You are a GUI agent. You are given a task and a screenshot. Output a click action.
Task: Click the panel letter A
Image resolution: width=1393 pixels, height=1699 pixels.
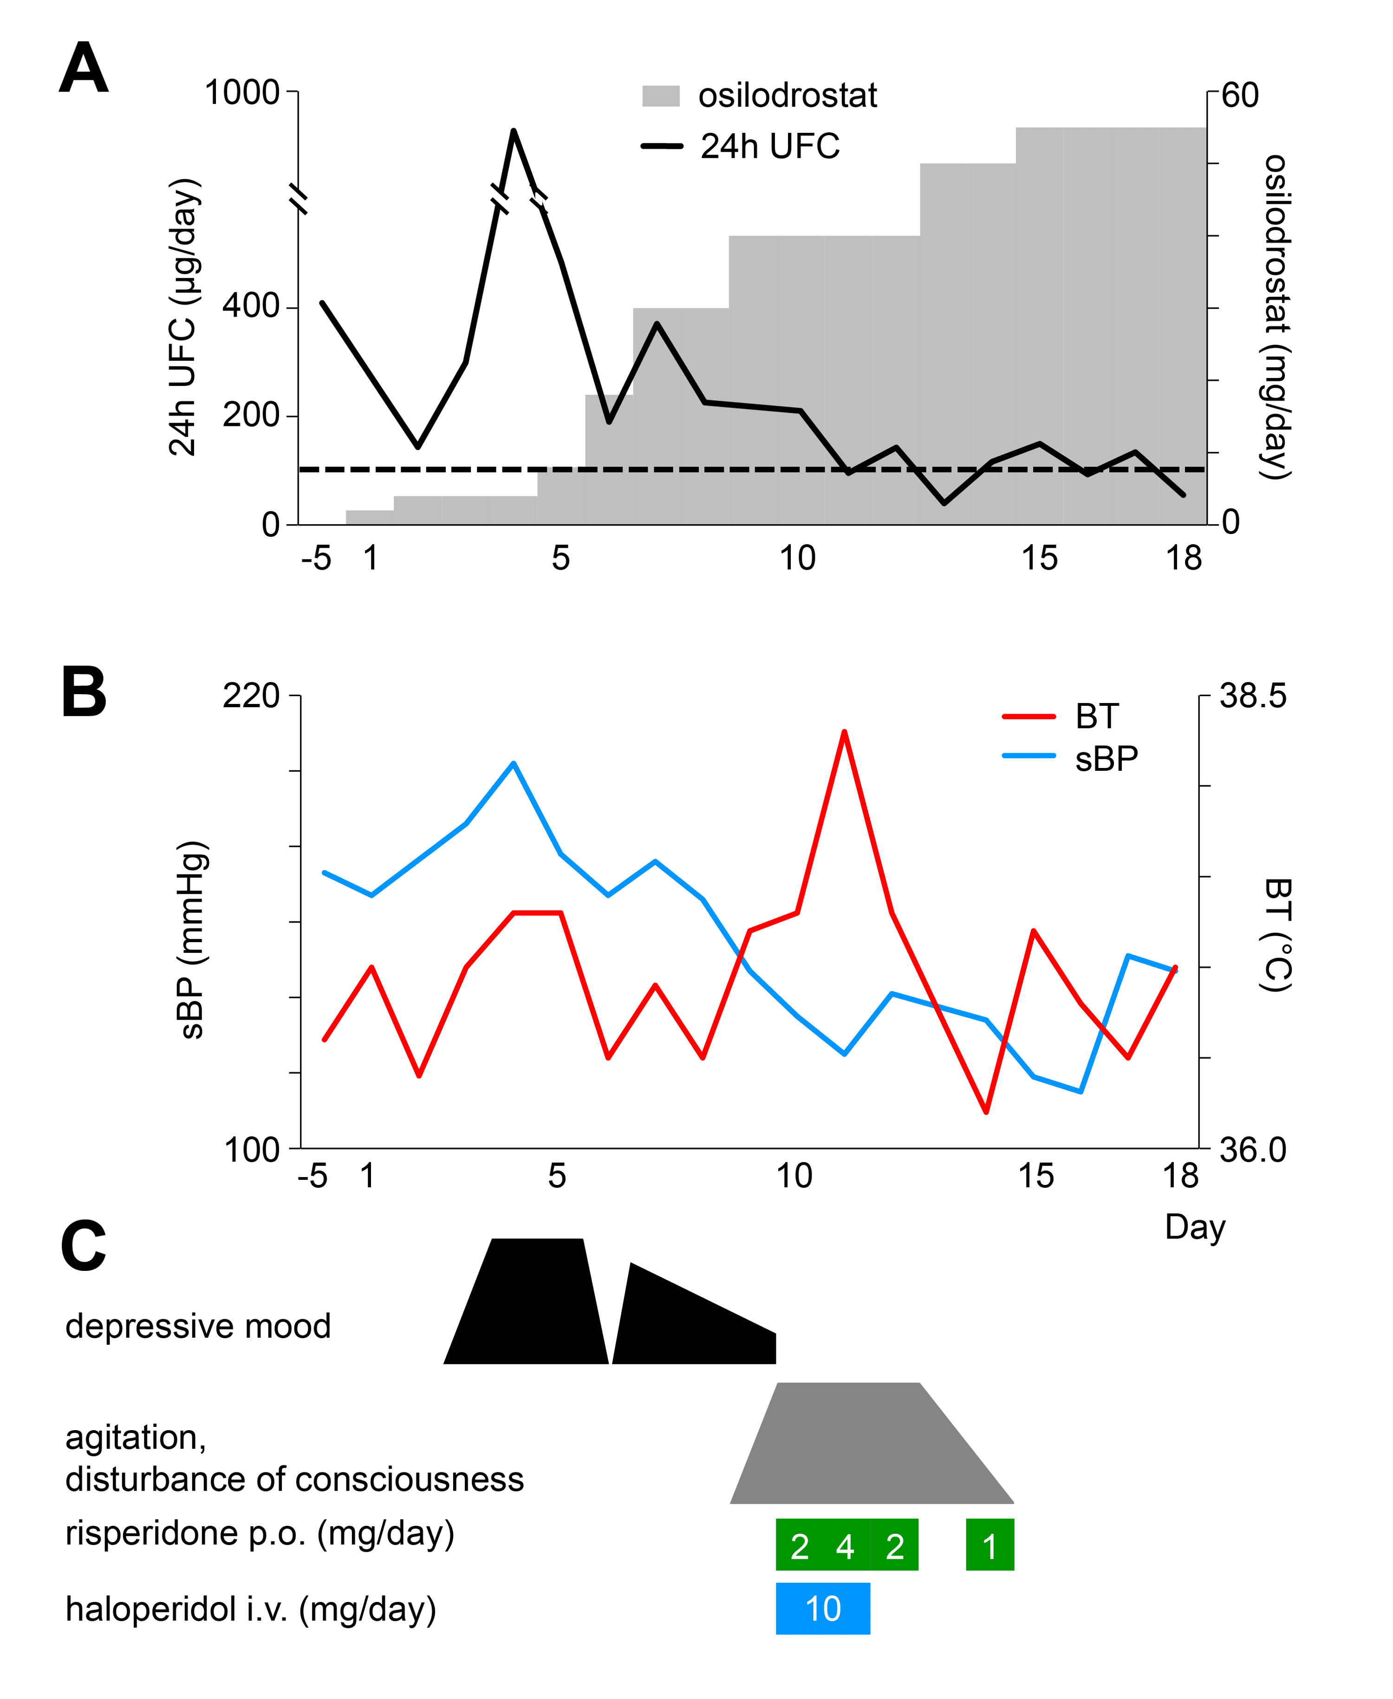pos(84,69)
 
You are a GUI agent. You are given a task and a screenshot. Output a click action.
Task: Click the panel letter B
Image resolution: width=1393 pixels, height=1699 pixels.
pos(84,692)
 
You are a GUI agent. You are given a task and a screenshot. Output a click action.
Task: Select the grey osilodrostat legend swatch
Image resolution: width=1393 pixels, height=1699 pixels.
pos(660,96)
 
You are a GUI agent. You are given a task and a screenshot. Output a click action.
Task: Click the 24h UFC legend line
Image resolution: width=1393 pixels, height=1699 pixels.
pos(661,146)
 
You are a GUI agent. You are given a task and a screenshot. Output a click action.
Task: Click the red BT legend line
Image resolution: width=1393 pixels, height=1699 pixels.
pos(1028,716)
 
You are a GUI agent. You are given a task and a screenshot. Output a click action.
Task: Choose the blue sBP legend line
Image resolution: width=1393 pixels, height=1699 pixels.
pos(1028,756)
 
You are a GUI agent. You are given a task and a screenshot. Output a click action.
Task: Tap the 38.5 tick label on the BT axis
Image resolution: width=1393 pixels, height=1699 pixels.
pos(1253,696)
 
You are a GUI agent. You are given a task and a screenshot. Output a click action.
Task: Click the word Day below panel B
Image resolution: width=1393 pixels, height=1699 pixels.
pos(1195,1227)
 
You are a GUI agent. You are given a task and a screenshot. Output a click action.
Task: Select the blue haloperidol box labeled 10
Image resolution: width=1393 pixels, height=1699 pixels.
pos(822,1609)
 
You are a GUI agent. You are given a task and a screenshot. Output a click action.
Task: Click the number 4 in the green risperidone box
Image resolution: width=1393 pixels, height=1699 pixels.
pos(845,1547)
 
